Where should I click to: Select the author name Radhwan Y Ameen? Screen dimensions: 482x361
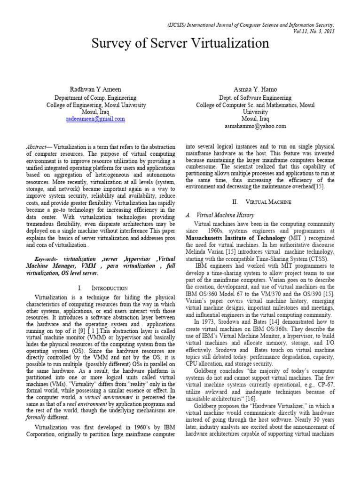[x=95, y=90]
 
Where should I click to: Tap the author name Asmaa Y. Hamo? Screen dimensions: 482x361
[x=255, y=90]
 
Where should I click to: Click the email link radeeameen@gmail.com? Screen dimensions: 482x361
[x=95, y=119]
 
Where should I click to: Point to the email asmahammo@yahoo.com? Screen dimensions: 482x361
[x=255, y=126]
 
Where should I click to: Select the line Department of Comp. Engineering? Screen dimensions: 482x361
[x=95, y=98]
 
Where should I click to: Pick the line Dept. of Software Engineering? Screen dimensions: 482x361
[x=255, y=98]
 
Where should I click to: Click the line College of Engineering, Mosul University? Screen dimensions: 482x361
[x=95, y=105]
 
